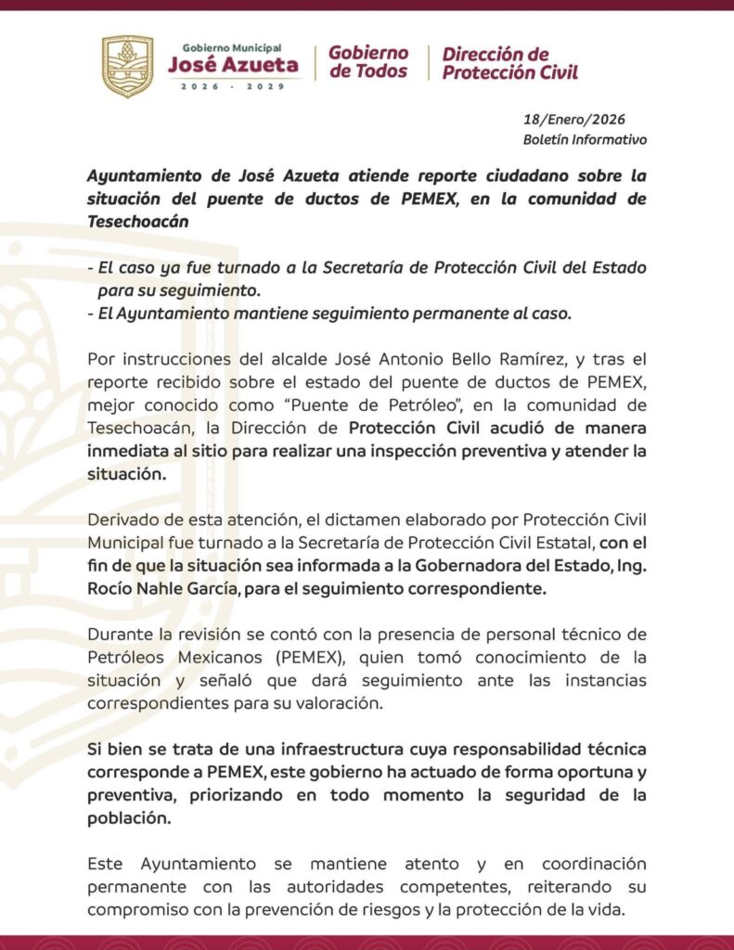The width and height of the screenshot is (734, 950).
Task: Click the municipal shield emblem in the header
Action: point(127,67)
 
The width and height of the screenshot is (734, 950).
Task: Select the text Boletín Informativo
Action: point(585,140)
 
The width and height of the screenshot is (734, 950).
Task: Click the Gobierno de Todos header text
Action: point(368,61)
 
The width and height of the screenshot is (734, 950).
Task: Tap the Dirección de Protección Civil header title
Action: point(509,63)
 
